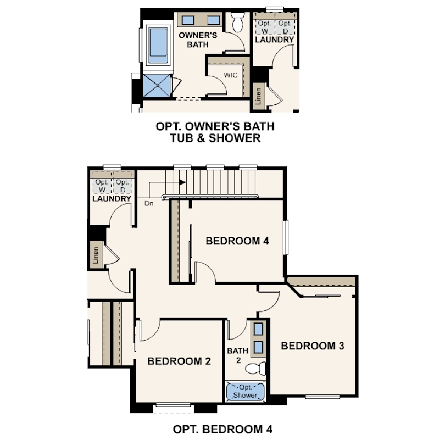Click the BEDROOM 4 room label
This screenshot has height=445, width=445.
(x=237, y=241)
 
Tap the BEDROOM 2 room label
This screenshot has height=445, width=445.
(x=179, y=361)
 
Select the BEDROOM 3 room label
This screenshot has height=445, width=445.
(x=313, y=346)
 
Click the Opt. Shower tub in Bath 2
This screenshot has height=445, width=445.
(x=245, y=391)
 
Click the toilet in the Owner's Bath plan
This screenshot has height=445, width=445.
(x=237, y=22)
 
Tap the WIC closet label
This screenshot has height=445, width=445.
(x=231, y=75)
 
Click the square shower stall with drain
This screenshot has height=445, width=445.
(x=157, y=86)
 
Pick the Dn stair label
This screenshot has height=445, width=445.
(x=149, y=203)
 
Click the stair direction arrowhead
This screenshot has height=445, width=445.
(x=182, y=182)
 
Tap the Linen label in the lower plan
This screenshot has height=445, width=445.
(x=96, y=255)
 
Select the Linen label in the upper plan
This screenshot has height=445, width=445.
(x=258, y=96)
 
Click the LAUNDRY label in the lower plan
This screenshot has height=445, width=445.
(x=112, y=198)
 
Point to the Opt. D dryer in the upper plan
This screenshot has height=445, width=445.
(x=285, y=27)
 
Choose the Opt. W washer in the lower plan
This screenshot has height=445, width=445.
(x=102, y=186)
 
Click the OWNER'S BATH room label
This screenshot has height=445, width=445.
(x=198, y=40)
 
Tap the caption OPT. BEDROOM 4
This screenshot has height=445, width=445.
(x=222, y=429)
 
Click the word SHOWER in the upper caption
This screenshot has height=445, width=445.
(x=235, y=138)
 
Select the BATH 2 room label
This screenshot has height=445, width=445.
(x=238, y=355)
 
